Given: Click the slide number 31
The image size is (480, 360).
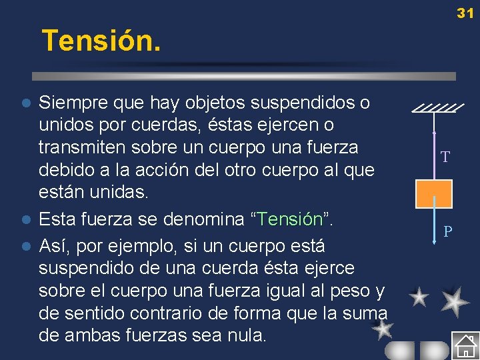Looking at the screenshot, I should [465, 13].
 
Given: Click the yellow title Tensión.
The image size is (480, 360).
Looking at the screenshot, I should [101, 41].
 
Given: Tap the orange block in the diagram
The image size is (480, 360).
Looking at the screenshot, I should [434, 193].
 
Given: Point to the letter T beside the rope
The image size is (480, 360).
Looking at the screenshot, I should [445, 157].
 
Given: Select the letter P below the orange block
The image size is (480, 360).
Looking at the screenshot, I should [449, 232].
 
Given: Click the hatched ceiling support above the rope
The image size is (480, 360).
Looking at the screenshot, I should [438, 107].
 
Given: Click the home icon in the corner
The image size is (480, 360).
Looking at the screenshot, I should [465, 345].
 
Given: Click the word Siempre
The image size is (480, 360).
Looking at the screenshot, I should [70, 103].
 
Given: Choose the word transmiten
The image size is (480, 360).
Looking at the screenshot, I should [83, 147].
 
